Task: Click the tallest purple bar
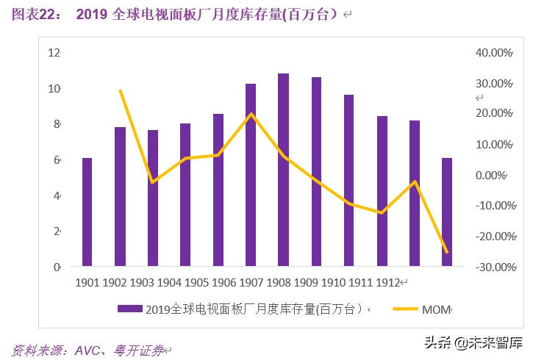tap(283, 169)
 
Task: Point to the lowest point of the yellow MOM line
tap(446, 253)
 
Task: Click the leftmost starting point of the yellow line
tap(120, 90)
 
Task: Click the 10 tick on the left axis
tap(54, 89)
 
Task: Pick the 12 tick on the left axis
tap(54, 53)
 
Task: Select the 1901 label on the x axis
tap(87, 283)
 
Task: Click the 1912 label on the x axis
tap(388, 283)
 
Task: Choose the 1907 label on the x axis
tap(251, 283)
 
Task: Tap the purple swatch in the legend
tap(131, 309)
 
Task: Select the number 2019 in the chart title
tap(93, 14)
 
